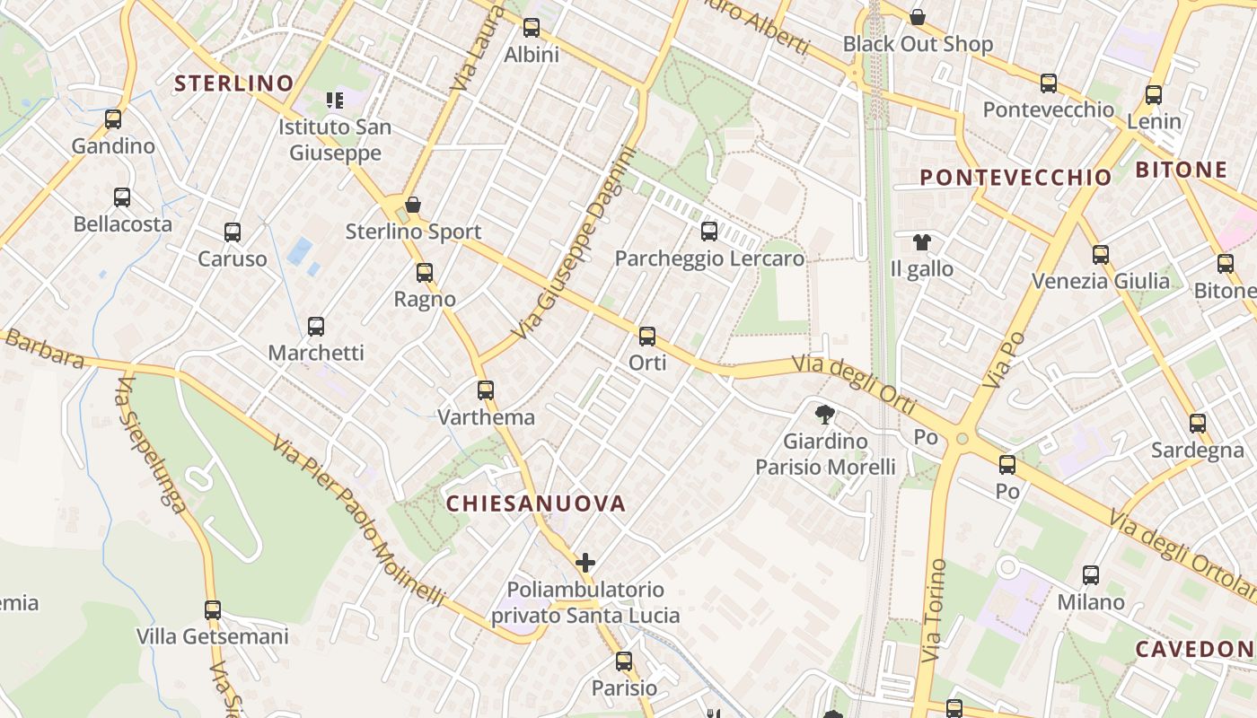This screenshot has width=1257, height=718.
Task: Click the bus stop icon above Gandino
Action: click(x=113, y=118)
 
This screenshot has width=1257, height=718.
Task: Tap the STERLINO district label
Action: click(x=234, y=83)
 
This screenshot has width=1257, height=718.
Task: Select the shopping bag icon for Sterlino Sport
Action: click(x=413, y=205)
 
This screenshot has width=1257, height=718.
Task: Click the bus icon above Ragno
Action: click(x=425, y=272)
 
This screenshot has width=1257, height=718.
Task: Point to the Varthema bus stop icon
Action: click(x=486, y=390)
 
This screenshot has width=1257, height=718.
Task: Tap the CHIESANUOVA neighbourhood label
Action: click(x=536, y=503)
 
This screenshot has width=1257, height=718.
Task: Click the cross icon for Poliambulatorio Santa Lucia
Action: click(x=585, y=563)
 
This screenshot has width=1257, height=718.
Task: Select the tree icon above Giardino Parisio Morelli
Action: click(x=824, y=414)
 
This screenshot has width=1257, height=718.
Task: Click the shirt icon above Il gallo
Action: click(x=922, y=241)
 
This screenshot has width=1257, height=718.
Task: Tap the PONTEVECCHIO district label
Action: click(x=1015, y=178)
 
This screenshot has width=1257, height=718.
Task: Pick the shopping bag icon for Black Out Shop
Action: click(x=918, y=17)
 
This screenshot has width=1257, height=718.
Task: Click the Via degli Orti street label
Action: click(x=854, y=384)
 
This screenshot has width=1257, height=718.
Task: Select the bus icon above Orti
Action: click(x=647, y=337)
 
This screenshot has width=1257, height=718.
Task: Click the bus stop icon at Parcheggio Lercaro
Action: click(x=709, y=232)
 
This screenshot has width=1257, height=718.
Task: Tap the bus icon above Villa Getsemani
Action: click(x=213, y=610)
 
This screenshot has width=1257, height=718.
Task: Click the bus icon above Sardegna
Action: click(x=1198, y=424)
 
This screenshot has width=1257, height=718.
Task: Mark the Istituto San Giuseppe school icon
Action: click(x=335, y=100)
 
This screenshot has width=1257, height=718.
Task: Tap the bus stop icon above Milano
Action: click(x=1091, y=575)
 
